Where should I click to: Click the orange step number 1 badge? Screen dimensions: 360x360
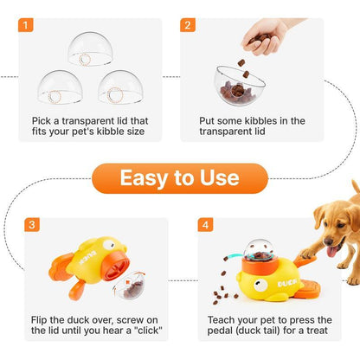click(26, 25)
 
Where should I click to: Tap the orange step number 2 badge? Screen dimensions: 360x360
click(188, 25)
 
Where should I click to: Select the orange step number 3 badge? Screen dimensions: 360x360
click(32, 224)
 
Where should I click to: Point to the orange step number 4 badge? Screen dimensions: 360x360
click(205, 224)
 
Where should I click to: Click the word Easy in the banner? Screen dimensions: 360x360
click(144, 178)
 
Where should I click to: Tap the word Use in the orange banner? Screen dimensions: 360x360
click(220, 177)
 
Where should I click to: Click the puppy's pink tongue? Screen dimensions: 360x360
click(331, 252)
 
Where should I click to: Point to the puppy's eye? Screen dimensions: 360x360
click(339, 225)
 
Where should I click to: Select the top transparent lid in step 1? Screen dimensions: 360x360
click(90, 49)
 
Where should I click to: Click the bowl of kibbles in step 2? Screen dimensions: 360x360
click(238, 86)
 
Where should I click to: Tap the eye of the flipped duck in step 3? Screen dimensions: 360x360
click(108, 245)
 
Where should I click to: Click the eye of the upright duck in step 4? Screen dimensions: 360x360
click(260, 285)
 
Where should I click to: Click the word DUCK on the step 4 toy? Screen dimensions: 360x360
click(287, 283)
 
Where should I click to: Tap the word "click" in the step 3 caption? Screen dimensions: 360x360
click(148, 331)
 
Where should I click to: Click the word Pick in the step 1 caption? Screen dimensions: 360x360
click(42, 121)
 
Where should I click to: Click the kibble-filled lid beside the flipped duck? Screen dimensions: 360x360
click(130, 285)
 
